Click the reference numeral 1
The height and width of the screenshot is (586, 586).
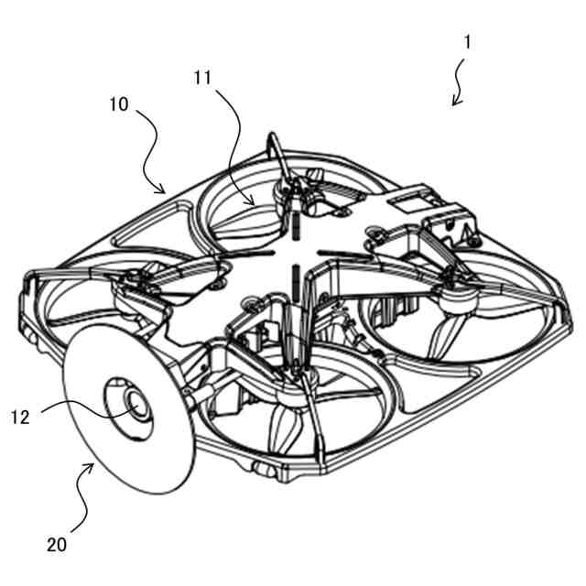point(467,43)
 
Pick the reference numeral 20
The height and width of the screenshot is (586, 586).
point(57,545)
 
